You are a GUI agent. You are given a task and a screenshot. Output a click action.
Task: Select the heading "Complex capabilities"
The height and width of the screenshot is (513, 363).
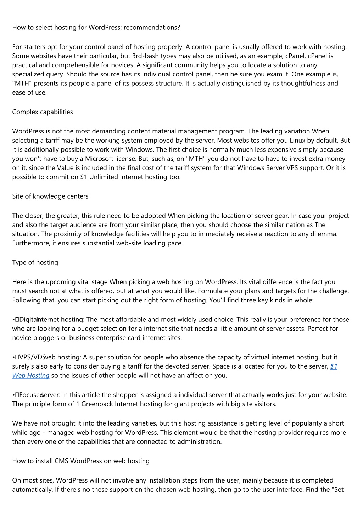[x=43, y=112]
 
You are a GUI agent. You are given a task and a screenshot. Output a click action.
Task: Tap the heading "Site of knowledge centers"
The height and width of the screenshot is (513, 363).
[x=50, y=196]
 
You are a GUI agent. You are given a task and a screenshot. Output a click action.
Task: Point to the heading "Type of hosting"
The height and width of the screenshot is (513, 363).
[x=35, y=262]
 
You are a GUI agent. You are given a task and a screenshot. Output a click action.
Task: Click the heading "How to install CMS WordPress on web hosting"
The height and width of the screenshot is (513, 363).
[x=81, y=461]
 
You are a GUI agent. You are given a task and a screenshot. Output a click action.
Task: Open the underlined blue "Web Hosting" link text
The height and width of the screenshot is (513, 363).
[x=31, y=375]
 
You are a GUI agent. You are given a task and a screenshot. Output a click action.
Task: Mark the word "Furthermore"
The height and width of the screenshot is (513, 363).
[x=29, y=243]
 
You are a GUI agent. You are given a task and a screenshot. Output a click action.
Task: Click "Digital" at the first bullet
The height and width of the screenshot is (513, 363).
[x=28, y=319]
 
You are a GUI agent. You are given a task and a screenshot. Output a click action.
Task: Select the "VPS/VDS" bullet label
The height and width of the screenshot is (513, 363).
[x=32, y=357]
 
